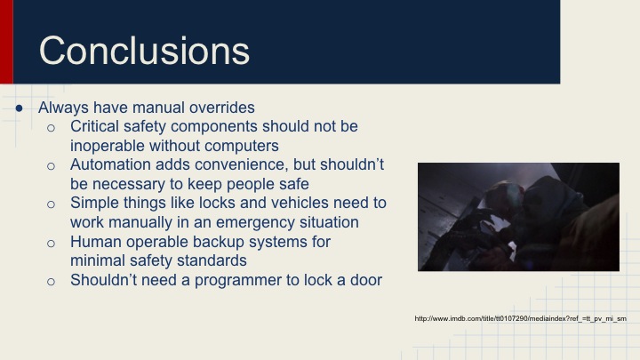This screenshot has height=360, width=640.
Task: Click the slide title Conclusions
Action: (x=144, y=51)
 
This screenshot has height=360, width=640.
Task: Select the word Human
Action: (x=94, y=241)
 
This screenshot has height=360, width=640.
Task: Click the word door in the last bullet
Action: (x=364, y=280)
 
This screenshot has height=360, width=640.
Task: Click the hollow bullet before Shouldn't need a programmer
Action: (x=52, y=281)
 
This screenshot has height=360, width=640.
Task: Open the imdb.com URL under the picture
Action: (x=520, y=317)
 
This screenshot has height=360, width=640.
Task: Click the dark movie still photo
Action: (x=518, y=216)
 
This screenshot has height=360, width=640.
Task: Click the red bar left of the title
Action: (x=6, y=42)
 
